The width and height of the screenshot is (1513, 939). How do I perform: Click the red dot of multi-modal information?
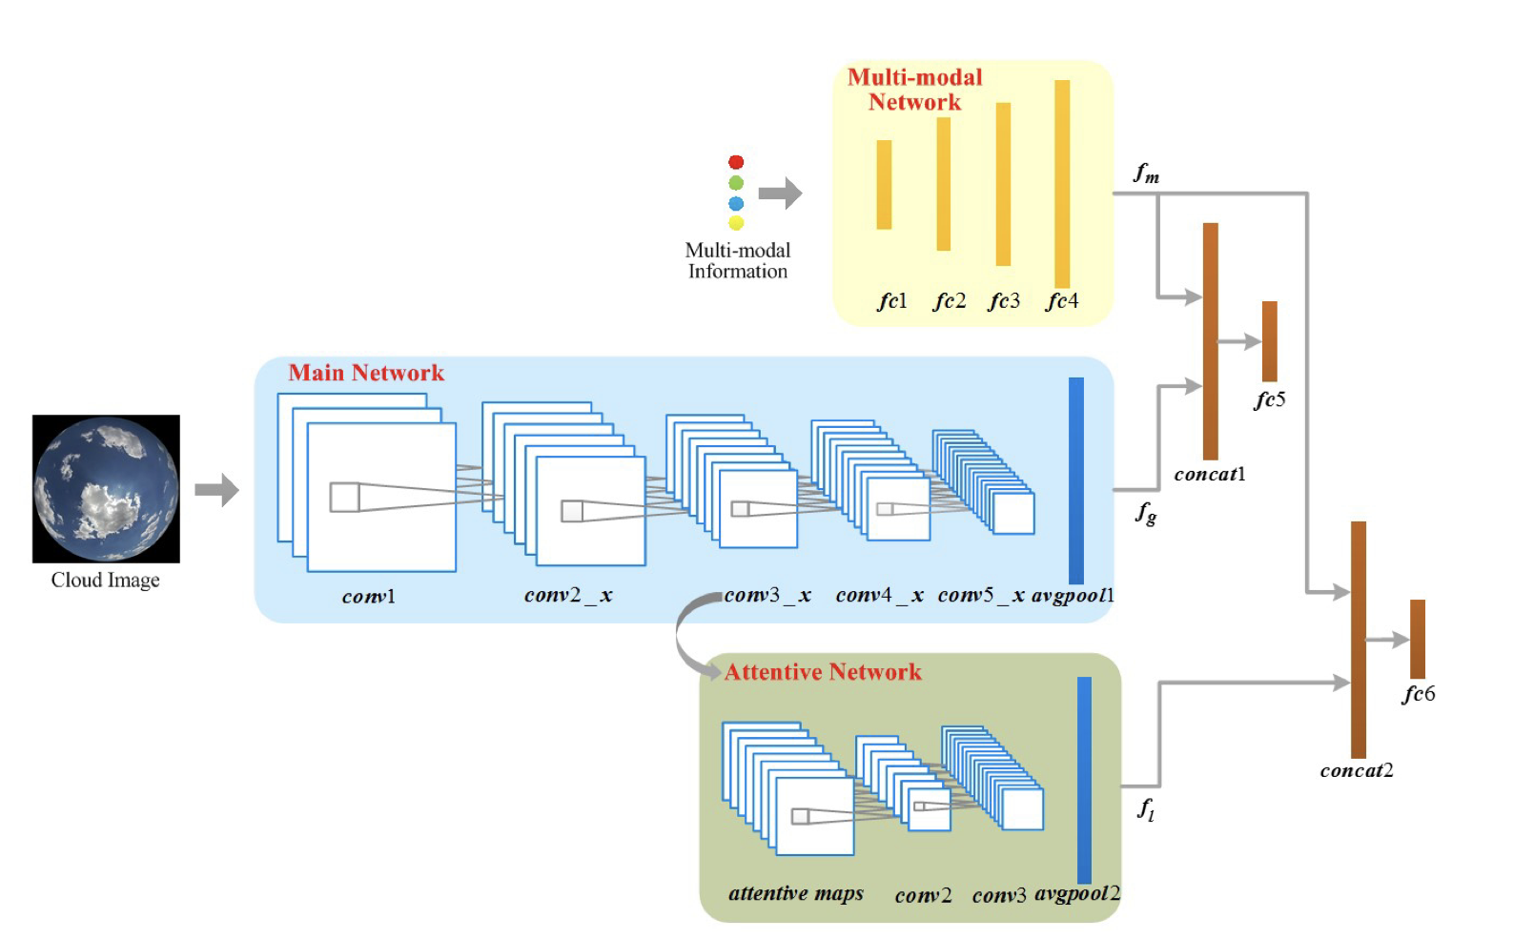click(x=736, y=162)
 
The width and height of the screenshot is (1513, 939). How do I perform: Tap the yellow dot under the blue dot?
click(x=736, y=223)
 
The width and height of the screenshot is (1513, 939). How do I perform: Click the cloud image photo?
click(x=106, y=488)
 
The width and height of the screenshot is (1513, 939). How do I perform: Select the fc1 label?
click(x=892, y=301)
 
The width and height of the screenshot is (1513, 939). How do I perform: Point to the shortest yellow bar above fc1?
click(x=884, y=185)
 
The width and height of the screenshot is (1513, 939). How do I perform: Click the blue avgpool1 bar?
click(x=1076, y=480)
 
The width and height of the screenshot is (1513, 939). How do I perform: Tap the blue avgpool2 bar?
click(x=1084, y=780)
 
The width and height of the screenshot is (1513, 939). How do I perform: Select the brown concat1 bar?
click(x=1210, y=341)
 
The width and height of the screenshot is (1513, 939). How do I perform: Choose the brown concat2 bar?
click(x=1359, y=639)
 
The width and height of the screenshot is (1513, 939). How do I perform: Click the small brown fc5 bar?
click(x=1269, y=341)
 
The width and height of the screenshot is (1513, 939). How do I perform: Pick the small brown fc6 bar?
click(x=1418, y=639)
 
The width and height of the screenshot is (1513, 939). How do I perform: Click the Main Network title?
click(x=366, y=373)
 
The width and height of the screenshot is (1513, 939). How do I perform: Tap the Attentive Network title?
click(x=823, y=672)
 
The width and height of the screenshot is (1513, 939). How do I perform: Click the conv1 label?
click(x=369, y=597)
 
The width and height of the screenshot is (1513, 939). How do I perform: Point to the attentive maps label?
click(x=796, y=893)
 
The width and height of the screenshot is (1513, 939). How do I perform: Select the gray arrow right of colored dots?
click(x=781, y=193)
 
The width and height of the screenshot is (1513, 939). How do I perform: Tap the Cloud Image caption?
click(x=106, y=580)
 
